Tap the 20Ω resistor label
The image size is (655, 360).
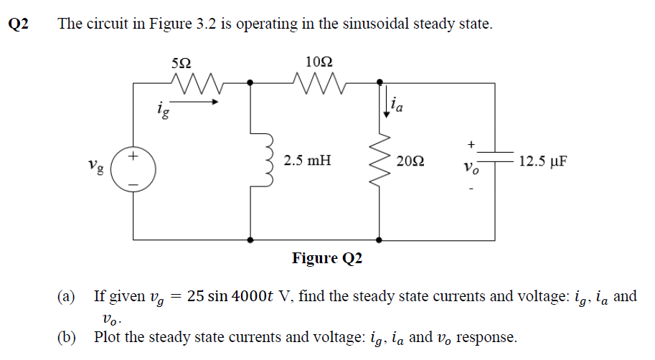(409, 161)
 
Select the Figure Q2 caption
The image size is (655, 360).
(326, 258)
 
